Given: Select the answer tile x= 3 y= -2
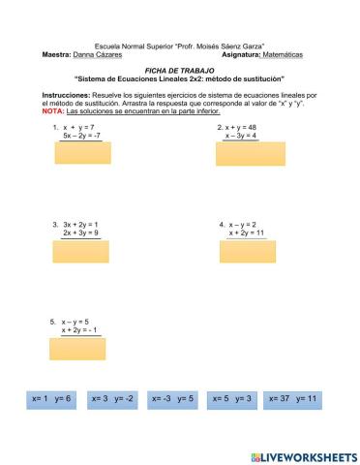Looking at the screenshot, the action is tap(113, 398).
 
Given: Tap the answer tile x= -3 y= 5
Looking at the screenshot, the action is tap(173, 398).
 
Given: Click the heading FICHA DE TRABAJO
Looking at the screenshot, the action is tap(180, 71).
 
